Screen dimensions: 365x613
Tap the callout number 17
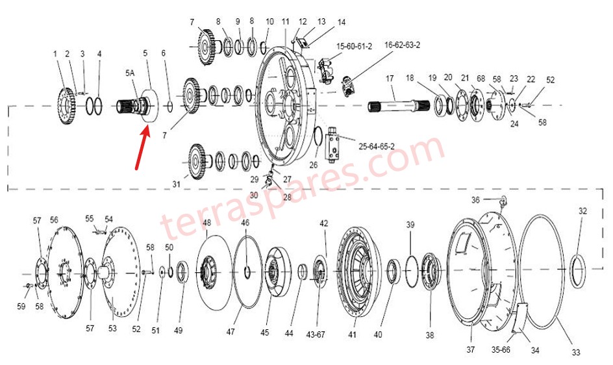tap(390, 79)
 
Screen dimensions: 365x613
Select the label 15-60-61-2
tap(354, 47)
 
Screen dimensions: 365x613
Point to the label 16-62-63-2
tap(403, 45)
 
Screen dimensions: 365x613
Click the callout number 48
tap(206, 223)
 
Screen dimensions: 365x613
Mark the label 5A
tap(130, 74)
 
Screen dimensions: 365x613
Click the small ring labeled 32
tap(578, 268)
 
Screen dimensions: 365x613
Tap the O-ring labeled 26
tap(318, 138)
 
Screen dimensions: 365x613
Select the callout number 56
tap(54, 220)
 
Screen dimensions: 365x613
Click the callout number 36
tap(476, 199)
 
